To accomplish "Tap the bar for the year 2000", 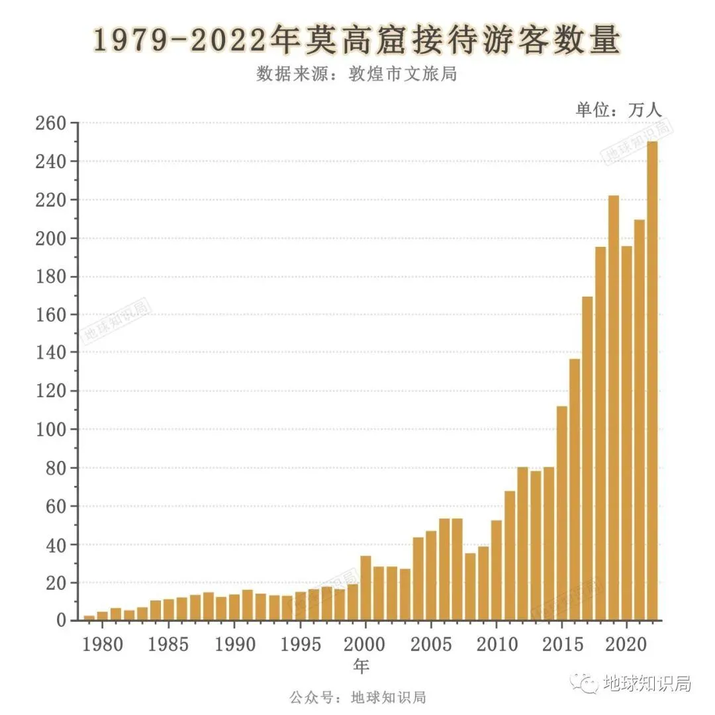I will click(365, 588).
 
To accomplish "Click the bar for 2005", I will click(431, 575).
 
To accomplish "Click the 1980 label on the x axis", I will click(103, 643).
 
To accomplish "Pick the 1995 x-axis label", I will click(299, 643).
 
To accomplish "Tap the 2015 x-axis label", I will click(561, 643).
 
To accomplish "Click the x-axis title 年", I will click(361, 666).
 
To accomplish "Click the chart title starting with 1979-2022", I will click(357, 41).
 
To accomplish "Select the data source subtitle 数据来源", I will click(357, 73).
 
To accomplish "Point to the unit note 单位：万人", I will click(618, 110).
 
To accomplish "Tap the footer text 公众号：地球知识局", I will click(358, 697).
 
